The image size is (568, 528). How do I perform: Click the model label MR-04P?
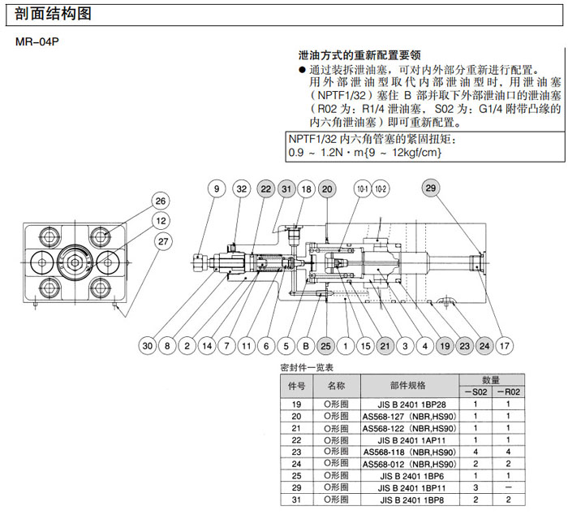pyautogui.click(x=35, y=41)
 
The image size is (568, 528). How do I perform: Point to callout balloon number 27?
pyautogui.click(x=165, y=240)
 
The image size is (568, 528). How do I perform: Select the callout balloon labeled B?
pyautogui.click(x=306, y=345)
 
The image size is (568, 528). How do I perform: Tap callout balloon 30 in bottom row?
pyautogui.click(x=147, y=345)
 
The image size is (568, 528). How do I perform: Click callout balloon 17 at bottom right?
pyautogui.click(x=505, y=345)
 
